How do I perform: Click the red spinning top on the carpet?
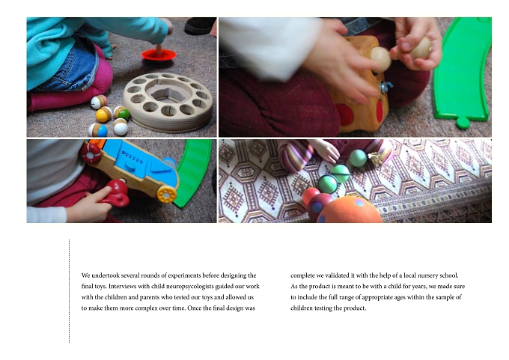point(159,55)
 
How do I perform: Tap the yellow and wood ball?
point(103,115)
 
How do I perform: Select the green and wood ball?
point(122,113)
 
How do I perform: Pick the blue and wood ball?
point(98,129)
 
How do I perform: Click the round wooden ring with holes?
point(168,103)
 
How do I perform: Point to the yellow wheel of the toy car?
point(166,195)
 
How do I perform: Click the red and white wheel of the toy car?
point(91,153)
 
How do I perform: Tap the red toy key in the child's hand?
point(116,193)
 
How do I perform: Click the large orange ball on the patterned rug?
point(350,210)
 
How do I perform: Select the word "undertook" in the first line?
point(106,275)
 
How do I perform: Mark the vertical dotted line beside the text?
point(69,291)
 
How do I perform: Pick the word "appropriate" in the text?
point(377,297)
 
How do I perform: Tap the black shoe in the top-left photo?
point(200,25)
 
